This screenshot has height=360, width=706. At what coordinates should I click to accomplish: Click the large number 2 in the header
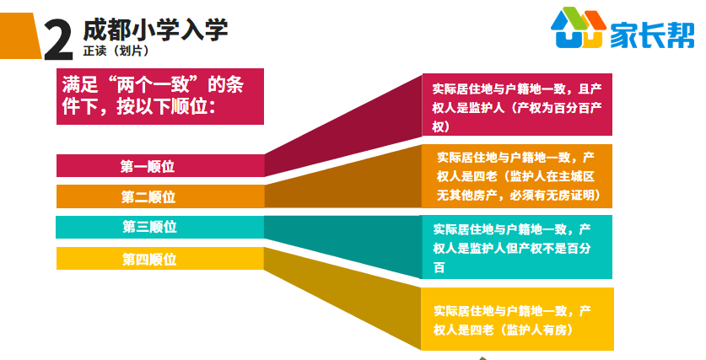tap(58, 40)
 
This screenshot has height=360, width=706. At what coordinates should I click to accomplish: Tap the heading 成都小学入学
tap(156, 30)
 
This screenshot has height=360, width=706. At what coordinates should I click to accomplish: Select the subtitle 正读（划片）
tap(116, 51)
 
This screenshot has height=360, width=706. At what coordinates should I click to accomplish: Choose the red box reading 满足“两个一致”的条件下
tap(159, 96)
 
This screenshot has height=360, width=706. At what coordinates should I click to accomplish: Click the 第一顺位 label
tap(148, 166)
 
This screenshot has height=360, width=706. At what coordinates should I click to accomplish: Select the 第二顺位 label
tap(148, 196)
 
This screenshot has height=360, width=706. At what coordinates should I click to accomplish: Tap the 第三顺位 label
tap(149, 227)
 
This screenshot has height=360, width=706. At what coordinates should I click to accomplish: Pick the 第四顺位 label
tap(149, 259)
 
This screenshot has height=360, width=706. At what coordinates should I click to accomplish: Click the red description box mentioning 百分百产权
tap(517, 105)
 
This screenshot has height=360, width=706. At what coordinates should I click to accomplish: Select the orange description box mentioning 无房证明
tap(517, 176)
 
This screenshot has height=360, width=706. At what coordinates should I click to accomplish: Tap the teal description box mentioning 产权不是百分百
tap(517, 247)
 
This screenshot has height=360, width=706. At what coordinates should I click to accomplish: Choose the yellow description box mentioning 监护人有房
tap(517, 319)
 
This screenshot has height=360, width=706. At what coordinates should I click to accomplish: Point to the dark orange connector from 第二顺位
tap(343, 180)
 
